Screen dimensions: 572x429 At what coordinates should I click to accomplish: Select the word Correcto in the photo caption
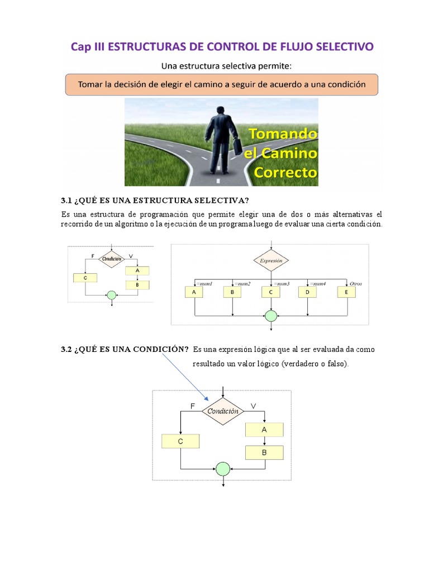point(285,171)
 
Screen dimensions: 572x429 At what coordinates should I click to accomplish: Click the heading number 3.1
point(67,201)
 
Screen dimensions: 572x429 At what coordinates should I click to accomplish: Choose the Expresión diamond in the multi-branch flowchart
point(271,260)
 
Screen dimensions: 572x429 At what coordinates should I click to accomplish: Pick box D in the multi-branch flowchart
point(307,292)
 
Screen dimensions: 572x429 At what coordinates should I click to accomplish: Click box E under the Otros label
point(346,292)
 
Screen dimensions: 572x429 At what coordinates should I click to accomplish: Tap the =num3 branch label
point(280,284)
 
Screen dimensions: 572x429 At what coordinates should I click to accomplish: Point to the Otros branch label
point(355,284)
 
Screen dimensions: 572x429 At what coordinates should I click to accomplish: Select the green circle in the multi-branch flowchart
point(271,316)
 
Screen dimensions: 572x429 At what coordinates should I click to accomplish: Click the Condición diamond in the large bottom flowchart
point(223,411)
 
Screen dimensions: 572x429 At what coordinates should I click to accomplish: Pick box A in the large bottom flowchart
point(264,430)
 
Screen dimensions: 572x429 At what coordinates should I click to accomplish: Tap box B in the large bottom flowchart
point(264,452)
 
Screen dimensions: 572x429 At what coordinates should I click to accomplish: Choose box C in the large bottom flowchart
point(180,441)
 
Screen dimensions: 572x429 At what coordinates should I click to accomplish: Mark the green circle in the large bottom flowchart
point(223,468)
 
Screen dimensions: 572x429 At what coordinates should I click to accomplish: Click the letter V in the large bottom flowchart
point(253,406)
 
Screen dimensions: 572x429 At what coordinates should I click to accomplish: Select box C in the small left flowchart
point(85,278)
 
